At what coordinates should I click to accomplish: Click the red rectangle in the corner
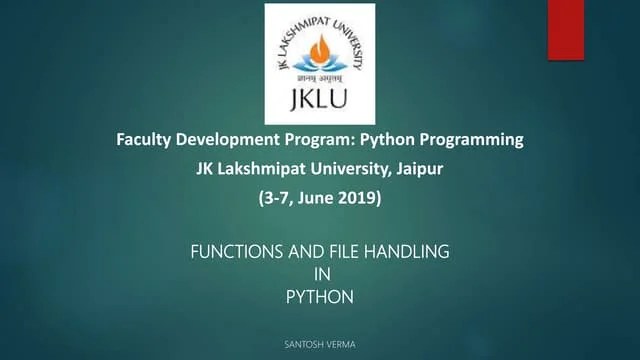point(565,30)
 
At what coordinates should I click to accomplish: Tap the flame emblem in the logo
point(320,49)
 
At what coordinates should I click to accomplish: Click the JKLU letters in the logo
point(320,101)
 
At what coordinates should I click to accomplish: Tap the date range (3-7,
point(274,198)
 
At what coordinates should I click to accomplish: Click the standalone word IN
point(320,274)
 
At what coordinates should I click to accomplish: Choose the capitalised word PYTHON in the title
point(320,296)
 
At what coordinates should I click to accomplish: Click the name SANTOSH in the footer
point(304,344)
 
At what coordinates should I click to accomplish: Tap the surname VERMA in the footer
point(341,344)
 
